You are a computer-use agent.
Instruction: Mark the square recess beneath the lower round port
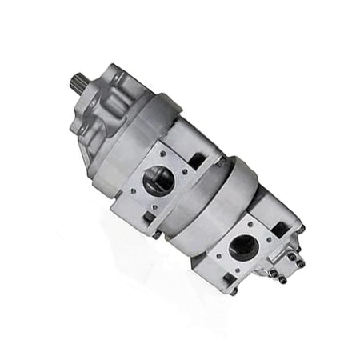pyautogui.click(x=229, y=278)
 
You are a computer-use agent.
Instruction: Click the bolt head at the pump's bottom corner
pyautogui.click(x=233, y=291)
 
